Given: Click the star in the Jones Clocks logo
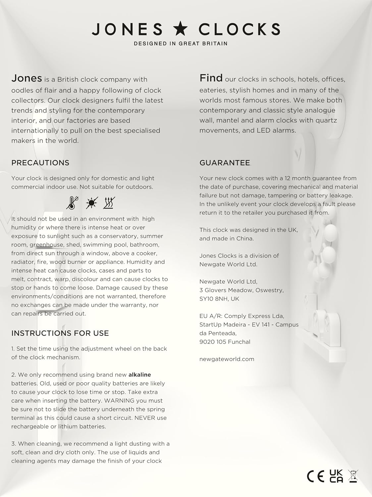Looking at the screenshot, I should tap(180, 29).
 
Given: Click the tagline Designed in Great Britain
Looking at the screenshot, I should tap(181, 43).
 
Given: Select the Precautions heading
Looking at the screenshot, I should tap(40, 163).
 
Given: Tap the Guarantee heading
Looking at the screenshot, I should tap(225, 163).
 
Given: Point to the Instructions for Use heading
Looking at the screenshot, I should tap(60, 333).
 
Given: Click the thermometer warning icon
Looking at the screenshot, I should tap(72, 203).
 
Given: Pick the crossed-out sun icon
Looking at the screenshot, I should tap(91, 203).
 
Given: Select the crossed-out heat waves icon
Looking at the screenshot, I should tap(109, 203).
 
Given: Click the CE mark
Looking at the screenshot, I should tap(315, 476).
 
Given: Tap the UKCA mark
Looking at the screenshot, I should tap(336, 476).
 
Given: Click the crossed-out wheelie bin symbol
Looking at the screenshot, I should tap(353, 476).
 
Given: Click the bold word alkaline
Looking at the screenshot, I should tap(139, 375).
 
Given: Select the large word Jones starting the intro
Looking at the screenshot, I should tap(27, 78).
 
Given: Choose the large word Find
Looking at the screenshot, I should tap(211, 78).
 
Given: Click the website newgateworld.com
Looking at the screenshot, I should tap(227, 359).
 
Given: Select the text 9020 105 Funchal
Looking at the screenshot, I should tap(225, 342).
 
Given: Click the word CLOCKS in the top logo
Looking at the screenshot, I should tap(239, 29).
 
